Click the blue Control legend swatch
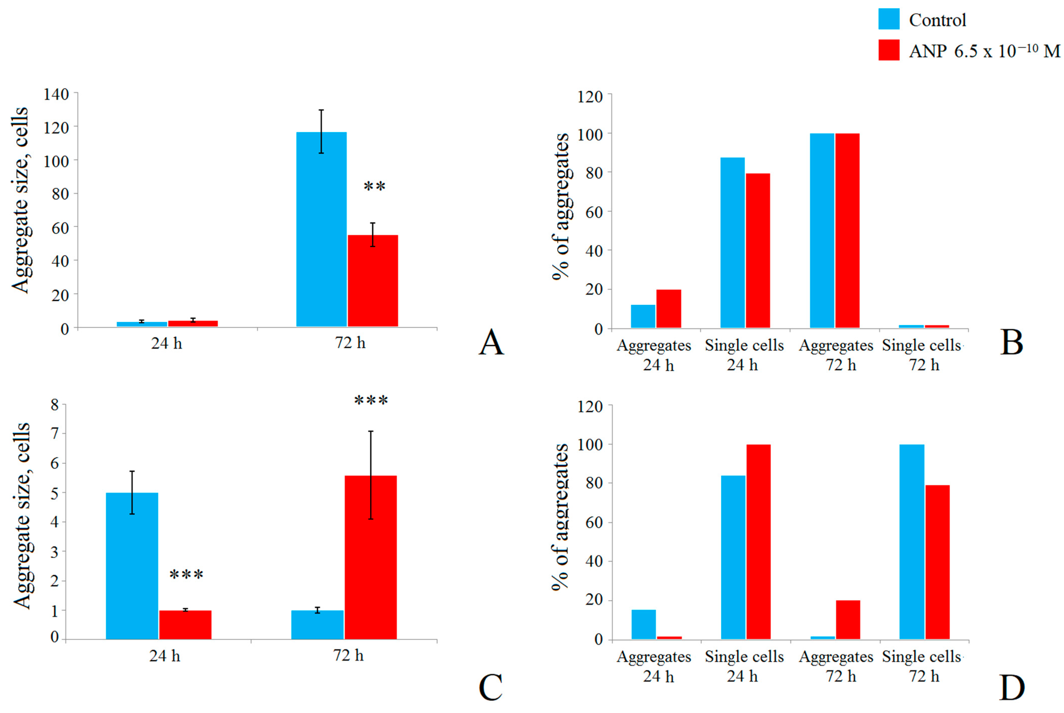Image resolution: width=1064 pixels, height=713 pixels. pyautogui.click(x=889, y=19)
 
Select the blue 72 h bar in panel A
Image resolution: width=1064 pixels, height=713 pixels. pyautogui.click(x=321, y=229)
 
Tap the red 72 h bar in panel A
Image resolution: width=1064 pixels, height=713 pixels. pyautogui.click(x=373, y=280)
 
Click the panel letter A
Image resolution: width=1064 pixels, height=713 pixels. pyautogui.click(x=491, y=342)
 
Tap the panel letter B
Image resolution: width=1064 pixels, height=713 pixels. pyautogui.click(x=1012, y=342)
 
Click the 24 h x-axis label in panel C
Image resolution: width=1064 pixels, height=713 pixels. pyautogui.click(x=165, y=656)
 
